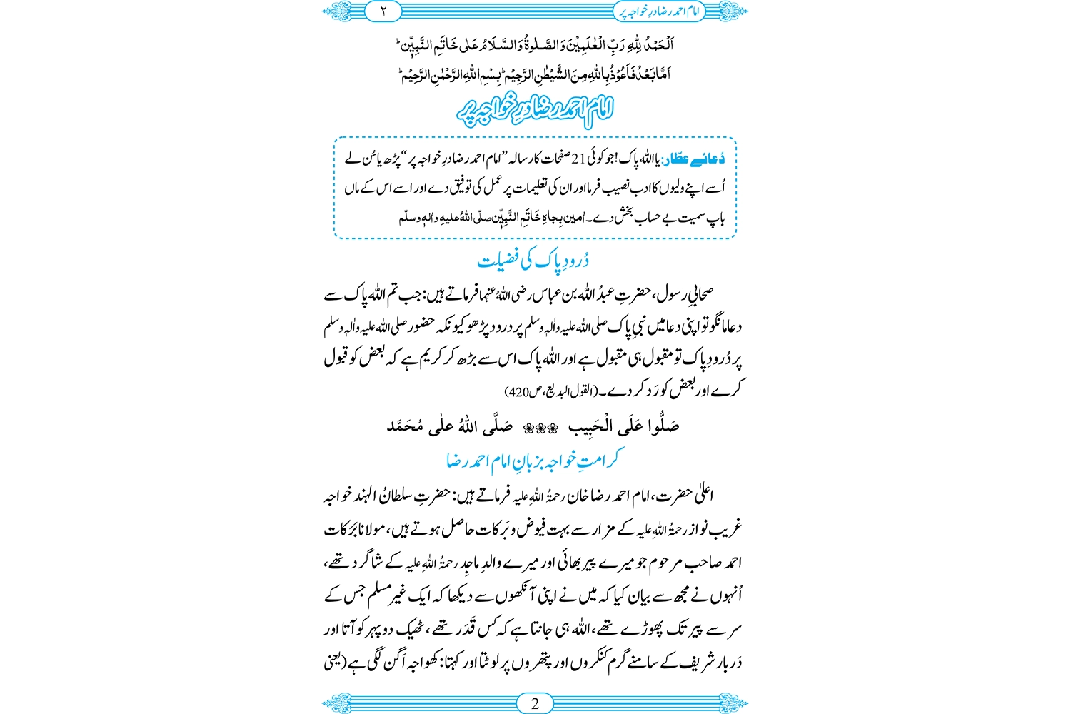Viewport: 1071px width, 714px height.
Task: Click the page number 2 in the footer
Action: [535, 703]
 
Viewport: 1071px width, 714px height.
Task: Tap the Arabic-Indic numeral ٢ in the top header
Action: [383, 11]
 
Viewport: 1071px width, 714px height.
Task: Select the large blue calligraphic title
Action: [535, 109]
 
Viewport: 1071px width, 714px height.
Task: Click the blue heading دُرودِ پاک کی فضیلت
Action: [533, 261]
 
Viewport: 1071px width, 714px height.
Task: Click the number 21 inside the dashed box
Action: [579, 159]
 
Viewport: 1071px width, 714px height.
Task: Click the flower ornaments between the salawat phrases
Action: [540, 428]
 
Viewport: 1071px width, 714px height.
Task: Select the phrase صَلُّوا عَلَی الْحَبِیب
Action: [623, 427]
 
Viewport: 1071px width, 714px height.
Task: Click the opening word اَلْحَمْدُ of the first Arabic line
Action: [657, 44]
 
